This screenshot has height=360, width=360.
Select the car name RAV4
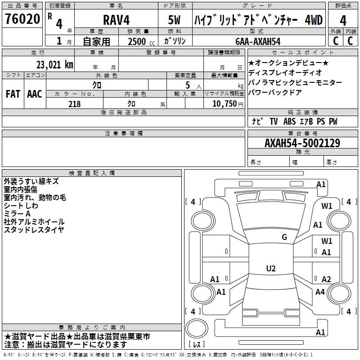116,20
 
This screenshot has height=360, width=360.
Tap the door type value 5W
175,20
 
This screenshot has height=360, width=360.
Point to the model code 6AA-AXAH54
258,41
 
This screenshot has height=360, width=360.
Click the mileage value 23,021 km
54,65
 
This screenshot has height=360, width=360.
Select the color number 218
75,104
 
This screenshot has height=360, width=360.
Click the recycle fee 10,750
225,104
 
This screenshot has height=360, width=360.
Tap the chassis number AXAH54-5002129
302,143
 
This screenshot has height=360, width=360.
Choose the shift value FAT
13,94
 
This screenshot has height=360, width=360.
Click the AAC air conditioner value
35,94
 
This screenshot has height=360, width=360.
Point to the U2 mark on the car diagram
270,269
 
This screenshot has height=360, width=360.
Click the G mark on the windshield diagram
284,237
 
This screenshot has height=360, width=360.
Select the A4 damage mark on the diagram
320,292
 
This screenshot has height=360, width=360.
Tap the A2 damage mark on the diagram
326,279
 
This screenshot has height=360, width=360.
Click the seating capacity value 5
187,85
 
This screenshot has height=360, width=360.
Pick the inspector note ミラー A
17,214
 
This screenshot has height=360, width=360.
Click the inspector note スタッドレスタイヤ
34,230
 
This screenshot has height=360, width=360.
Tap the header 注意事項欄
123,134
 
